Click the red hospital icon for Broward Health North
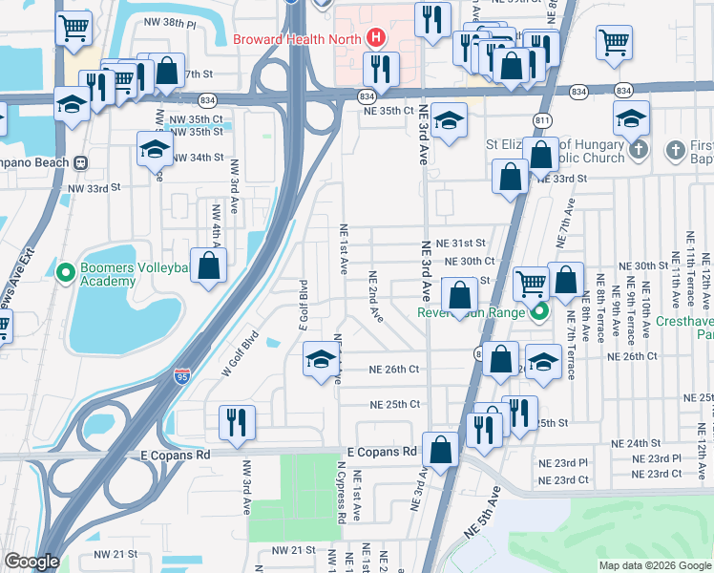376,39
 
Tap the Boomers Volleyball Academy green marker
66,274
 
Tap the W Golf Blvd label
241,353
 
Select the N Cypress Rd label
341,492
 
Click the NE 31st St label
460,244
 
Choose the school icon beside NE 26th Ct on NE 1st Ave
321,358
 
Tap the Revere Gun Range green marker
539,311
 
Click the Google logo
31,562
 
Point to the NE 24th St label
636,443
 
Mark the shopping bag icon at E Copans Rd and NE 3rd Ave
441,449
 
